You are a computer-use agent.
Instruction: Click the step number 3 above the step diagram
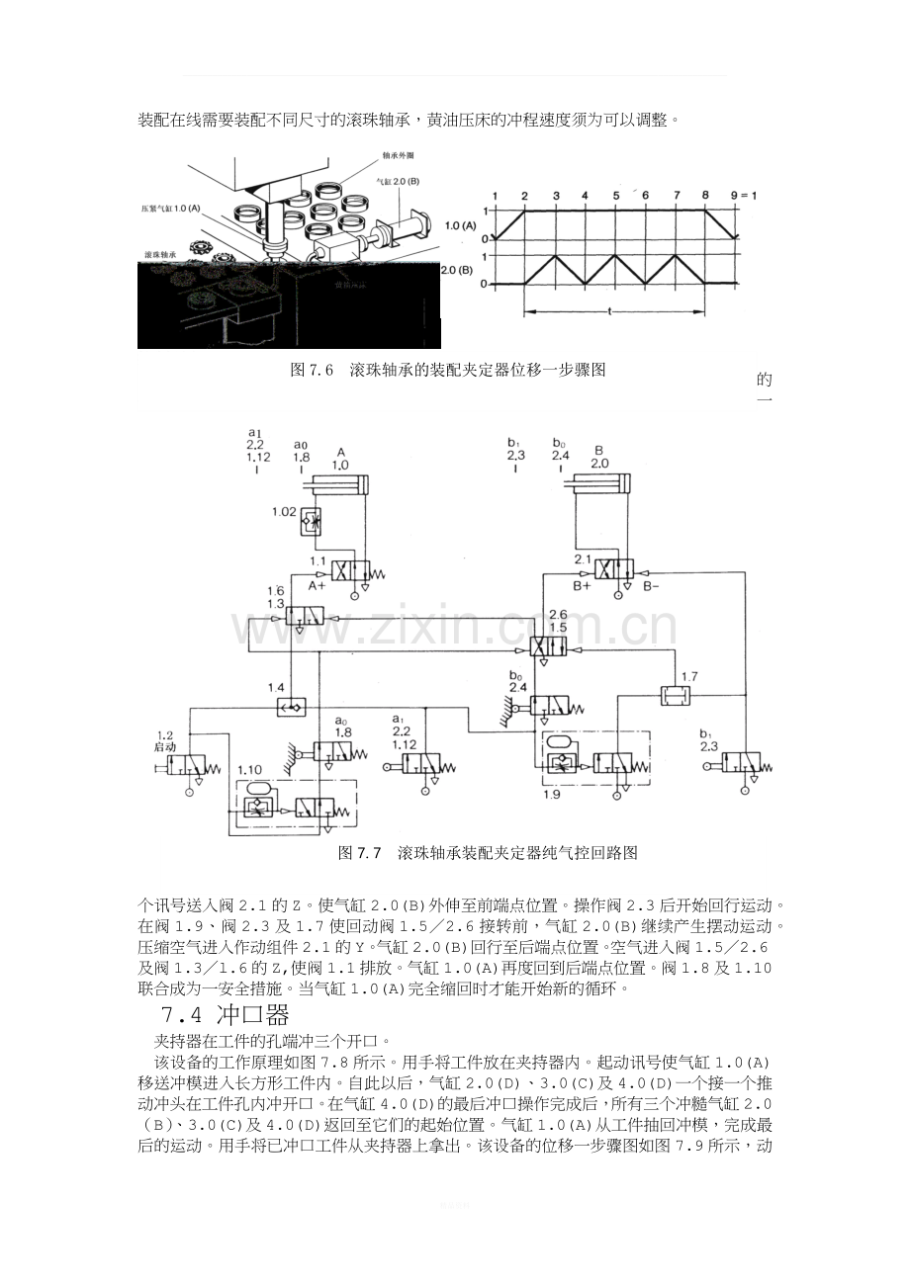click(556, 195)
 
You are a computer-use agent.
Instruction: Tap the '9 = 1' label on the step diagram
click(743, 195)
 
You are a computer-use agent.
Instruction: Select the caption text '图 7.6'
click(311, 370)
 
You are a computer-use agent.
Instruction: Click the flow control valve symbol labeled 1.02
click(314, 521)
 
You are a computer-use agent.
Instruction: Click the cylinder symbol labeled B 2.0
click(598, 485)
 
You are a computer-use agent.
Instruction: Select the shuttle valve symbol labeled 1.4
click(293, 708)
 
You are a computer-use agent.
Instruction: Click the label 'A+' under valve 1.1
click(317, 586)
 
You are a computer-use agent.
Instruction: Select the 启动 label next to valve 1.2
click(164, 746)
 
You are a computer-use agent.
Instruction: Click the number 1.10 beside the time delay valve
click(249, 769)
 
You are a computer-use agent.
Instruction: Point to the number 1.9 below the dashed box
click(555, 792)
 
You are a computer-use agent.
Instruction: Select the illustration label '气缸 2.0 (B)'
click(398, 183)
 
